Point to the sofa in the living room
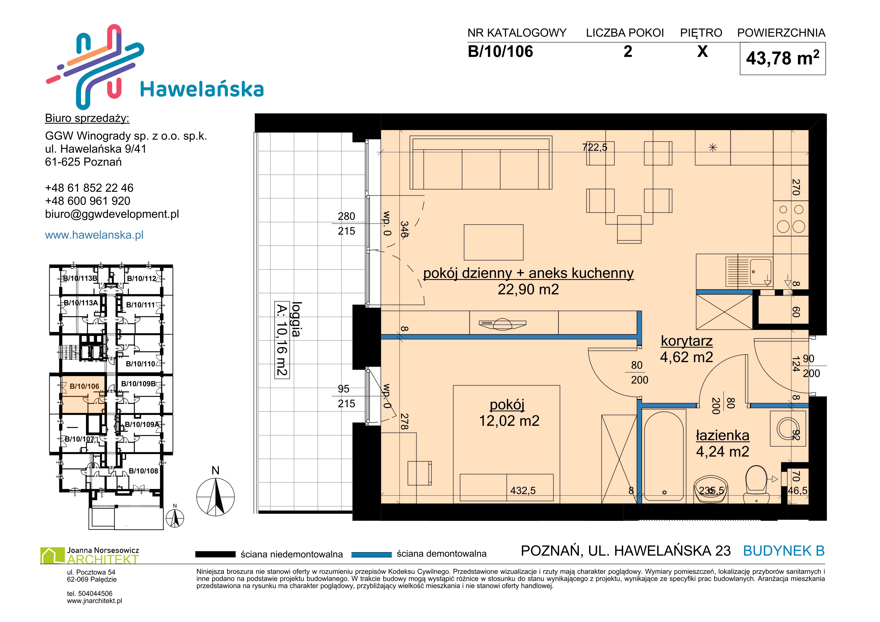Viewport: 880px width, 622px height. [x=481, y=162]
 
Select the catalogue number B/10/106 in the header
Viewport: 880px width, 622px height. [x=500, y=51]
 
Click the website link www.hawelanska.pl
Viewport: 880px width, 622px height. [x=94, y=235]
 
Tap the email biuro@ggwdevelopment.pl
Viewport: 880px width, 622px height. [x=112, y=214]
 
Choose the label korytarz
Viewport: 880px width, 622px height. [x=687, y=341]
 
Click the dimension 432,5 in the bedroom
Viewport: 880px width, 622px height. [x=523, y=491]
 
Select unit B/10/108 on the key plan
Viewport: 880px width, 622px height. [x=143, y=471]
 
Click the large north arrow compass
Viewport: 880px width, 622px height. [x=215, y=497]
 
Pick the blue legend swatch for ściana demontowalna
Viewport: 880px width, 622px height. [x=371, y=554]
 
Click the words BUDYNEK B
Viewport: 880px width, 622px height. [x=784, y=551]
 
